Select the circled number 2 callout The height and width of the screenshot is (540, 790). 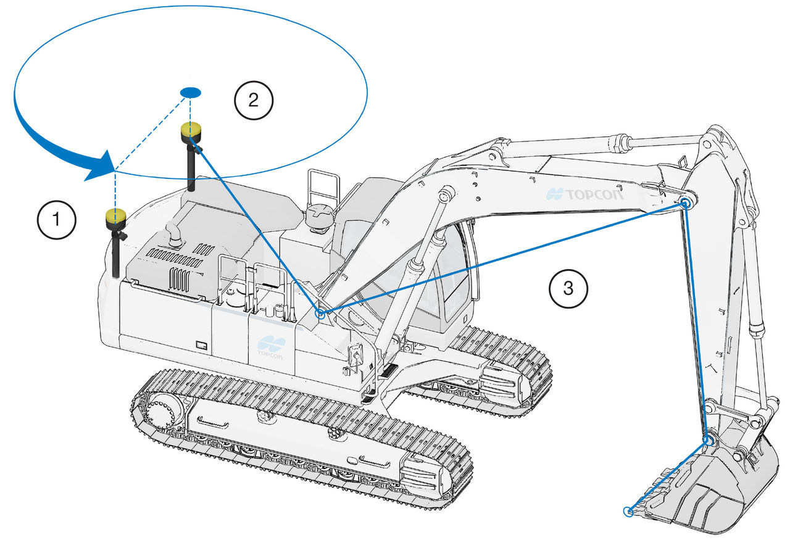pos(253,101)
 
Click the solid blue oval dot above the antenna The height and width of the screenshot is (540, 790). pos(191,92)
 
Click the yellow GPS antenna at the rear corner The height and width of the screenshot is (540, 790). pos(115,216)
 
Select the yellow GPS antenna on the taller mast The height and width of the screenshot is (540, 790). pos(191,131)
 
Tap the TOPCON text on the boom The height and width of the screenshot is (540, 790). pos(586,194)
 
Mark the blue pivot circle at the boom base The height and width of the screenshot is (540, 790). pos(320,314)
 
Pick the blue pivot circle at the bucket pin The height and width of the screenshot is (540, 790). pos(709,440)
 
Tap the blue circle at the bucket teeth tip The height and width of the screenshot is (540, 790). pos(629,510)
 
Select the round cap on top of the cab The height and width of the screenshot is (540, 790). pos(319,217)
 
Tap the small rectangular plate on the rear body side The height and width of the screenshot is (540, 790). pos(201,344)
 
